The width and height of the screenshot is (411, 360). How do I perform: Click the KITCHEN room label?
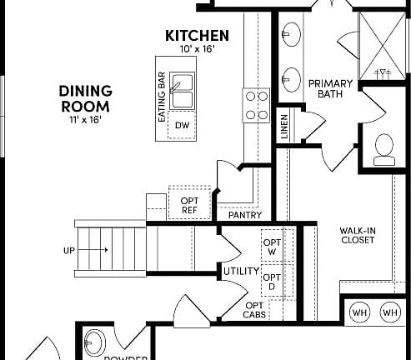[x=197, y=36]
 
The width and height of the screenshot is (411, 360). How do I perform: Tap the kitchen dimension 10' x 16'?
[x=197, y=50]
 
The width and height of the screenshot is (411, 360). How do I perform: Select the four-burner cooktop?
[x=254, y=105]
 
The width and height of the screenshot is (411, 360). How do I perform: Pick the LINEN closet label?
[x=284, y=127]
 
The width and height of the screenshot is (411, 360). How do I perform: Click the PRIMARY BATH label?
[x=330, y=89]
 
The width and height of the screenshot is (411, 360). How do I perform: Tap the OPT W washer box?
[x=272, y=247]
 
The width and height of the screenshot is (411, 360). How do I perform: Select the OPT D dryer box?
[x=272, y=281]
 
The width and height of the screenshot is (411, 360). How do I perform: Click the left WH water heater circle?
[x=360, y=312]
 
